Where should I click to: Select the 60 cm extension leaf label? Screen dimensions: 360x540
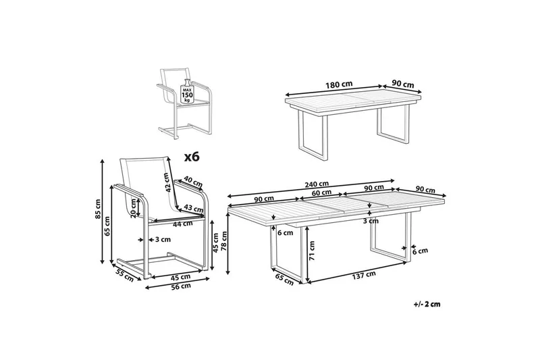(321, 192)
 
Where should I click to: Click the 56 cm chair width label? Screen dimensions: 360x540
(181, 286)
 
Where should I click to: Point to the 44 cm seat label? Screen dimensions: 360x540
(179, 224)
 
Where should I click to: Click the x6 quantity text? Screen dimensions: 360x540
(193, 157)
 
